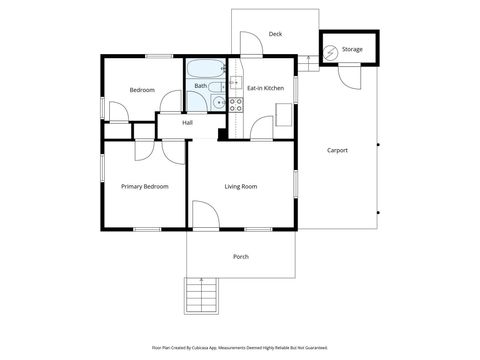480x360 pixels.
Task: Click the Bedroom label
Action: tap(142, 90)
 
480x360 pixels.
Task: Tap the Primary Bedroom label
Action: tap(144, 186)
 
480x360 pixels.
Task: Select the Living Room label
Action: tap(240, 186)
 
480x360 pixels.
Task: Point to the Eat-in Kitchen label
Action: tap(266, 88)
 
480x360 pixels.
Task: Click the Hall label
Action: tap(187, 123)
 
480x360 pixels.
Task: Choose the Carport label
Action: tap(337, 150)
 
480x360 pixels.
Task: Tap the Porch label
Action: tap(240, 257)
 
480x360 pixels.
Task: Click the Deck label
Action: tap(275, 34)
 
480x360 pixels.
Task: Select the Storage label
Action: tap(352, 48)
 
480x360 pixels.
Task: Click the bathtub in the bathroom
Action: tap(206, 70)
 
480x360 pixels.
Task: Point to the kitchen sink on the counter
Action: tap(236, 82)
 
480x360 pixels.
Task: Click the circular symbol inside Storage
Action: tap(330, 47)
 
